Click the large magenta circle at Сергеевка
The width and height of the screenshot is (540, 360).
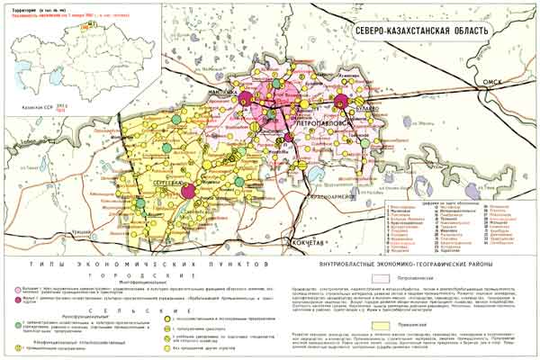point(189,190)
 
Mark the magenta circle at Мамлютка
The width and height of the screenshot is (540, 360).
point(243,96)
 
